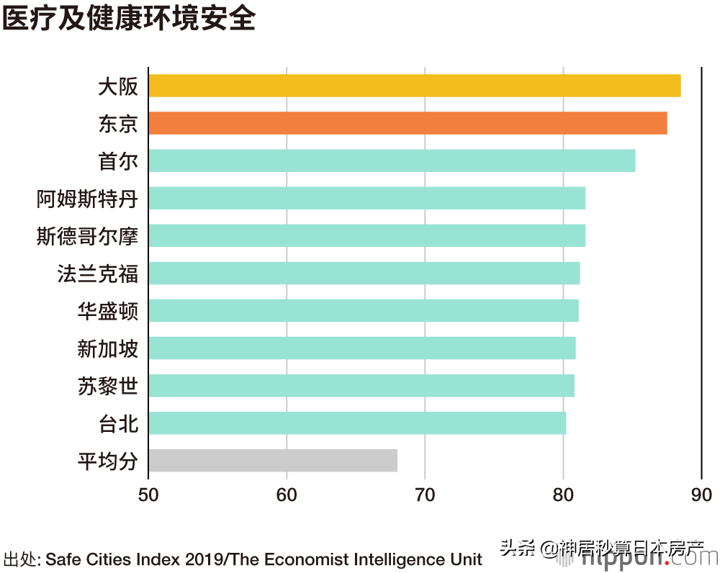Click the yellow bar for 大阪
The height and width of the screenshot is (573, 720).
click(x=414, y=86)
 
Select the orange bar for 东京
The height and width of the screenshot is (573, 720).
click(x=408, y=123)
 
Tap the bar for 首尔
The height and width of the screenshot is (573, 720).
click(x=392, y=161)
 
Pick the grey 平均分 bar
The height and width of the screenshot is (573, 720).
click(x=273, y=460)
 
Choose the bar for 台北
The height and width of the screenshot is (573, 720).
click(x=357, y=423)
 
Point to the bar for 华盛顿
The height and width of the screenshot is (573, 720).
click(x=364, y=310)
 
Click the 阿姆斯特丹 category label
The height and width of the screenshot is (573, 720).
click(x=86, y=199)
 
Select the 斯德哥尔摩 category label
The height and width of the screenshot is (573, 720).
click(x=86, y=236)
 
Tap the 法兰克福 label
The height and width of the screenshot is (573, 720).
click(x=97, y=274)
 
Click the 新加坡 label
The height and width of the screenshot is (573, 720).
click(x=107, y=348)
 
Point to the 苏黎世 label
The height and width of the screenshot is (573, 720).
click(x=107, y=386)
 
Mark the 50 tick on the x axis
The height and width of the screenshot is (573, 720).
click(x=148, y=495)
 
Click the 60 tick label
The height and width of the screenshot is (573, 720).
click(x=287, y=495)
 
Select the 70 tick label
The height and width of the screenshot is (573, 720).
click(x=425, y=495)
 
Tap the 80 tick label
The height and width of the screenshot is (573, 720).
click(x=563, y=495)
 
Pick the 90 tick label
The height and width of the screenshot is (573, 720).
click(x=701, y=495)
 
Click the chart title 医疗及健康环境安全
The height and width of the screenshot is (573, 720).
click(x=129, y=19)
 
